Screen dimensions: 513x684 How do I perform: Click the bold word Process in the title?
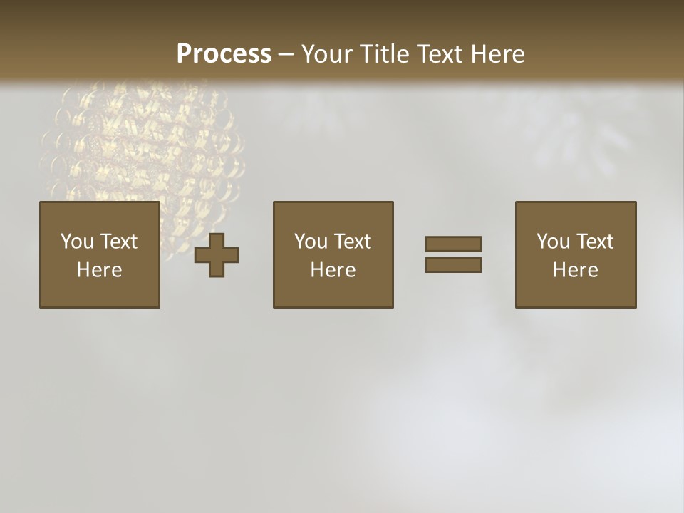(x=224, y=54)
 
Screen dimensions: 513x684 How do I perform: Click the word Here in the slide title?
(x=499, y=54)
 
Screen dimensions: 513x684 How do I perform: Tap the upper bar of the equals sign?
(x=453, y=244)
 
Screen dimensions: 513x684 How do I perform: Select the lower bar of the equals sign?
(x=453, y=264)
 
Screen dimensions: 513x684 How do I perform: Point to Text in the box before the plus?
(x=118, y=242)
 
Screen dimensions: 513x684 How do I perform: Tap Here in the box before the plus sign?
(x=99, y=270)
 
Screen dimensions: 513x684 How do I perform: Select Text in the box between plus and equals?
(x=351, y=242)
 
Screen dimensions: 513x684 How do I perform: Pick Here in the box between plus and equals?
(x=333, y=270)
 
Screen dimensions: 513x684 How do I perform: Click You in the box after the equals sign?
(x=554, y=242)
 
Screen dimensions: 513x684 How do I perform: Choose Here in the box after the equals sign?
(x=575, y=270)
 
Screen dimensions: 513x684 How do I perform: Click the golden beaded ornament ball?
(x=142, y=142)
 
